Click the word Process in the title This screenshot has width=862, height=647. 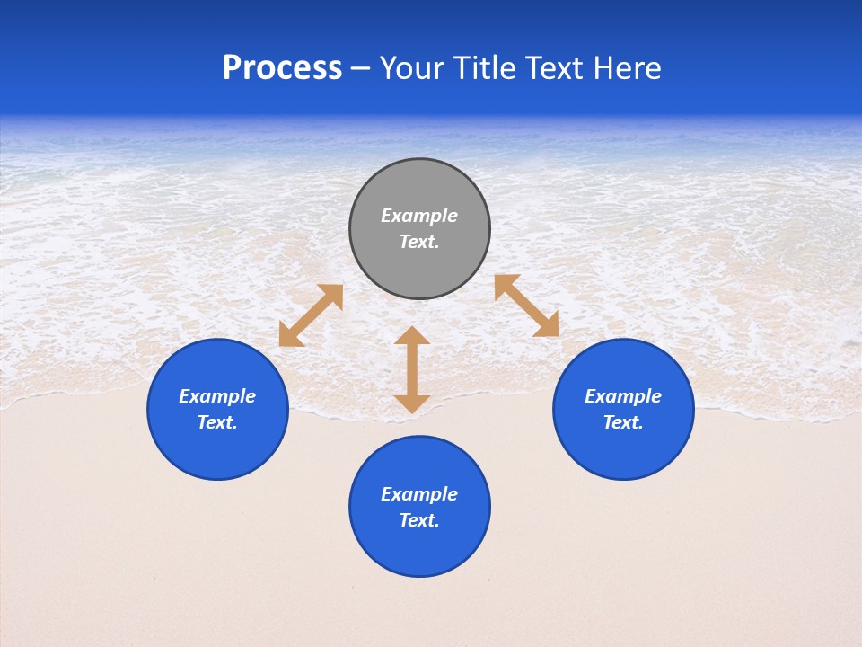[x=282, y=68]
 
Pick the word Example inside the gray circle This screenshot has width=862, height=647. [x=419, y=216]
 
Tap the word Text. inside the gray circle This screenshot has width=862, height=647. [x=419, y=242]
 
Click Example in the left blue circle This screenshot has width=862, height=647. [x=217, y=396]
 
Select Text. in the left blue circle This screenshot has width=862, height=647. [x=217, y=422]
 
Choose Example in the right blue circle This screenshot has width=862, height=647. [x=623, y=396]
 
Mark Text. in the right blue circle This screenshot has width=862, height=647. [x=623, y=422]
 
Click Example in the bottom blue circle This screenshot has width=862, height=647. [x=419, y=494]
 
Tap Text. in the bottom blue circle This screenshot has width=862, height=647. [x=419, y=520]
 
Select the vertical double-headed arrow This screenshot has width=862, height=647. [x=412, y=369]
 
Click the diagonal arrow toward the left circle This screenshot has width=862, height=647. [x=311, y=315]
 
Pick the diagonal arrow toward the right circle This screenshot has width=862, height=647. [x=526, y=306]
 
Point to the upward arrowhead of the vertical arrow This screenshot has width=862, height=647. [x=412, y=335]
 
